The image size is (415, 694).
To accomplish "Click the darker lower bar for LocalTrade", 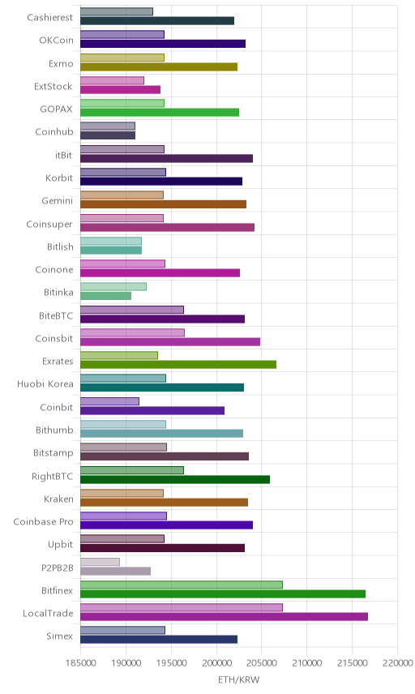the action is (224, 616).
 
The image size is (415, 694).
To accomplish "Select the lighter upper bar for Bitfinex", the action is (182, 585).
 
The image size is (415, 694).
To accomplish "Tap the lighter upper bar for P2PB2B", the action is (100, 562).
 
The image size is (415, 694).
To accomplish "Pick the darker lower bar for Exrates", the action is (178, 364).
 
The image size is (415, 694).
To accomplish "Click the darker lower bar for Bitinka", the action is (105, 296).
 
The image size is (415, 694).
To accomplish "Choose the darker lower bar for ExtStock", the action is (120, 89).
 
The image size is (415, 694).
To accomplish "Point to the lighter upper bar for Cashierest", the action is (117, 11).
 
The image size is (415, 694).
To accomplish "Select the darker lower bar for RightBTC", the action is (175, 479).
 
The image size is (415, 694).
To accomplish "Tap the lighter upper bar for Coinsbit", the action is (132, 333).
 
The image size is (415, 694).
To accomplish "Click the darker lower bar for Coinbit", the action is (152, 410).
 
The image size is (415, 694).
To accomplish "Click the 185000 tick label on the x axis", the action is (80, 662).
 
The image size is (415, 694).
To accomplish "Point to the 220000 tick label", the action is (397, 662).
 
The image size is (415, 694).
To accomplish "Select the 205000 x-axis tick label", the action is (262, 662).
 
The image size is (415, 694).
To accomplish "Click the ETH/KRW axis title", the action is (239, 679).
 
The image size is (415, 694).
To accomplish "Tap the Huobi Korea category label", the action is (45, 384).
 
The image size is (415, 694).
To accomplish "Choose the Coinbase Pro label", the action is (43, 522).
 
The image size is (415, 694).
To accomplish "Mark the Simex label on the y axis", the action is (60, 636).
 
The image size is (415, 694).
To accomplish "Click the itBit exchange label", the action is (64, 155).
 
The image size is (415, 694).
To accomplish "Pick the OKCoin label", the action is (56, 41).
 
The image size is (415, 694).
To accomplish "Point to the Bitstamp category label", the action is (53, 453).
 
